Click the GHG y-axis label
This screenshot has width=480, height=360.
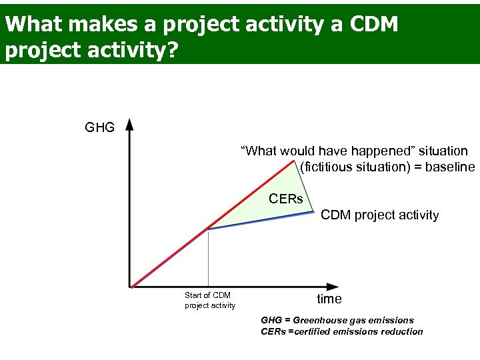[x=100, y=127]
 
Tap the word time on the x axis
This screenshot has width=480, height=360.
[x=329, y=299]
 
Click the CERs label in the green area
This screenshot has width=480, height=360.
[x=285, y=199]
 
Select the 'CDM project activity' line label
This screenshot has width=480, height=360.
[x=379, y=215]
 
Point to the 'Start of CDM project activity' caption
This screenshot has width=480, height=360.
[x=209, y=300]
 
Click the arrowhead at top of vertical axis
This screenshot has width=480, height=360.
[x=129, y=123]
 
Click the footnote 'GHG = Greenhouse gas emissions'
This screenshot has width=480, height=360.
[x=337, y=320]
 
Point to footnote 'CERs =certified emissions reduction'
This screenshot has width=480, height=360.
[x=341, y=331]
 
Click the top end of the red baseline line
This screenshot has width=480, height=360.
[x=294, y=161]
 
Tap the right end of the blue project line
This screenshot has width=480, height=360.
[x=313, y=212]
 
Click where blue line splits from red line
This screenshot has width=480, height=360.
[x=208, y=229]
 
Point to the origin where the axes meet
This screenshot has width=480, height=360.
[x=131, y=287]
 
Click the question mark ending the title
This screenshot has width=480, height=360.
[x=171, y=51]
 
